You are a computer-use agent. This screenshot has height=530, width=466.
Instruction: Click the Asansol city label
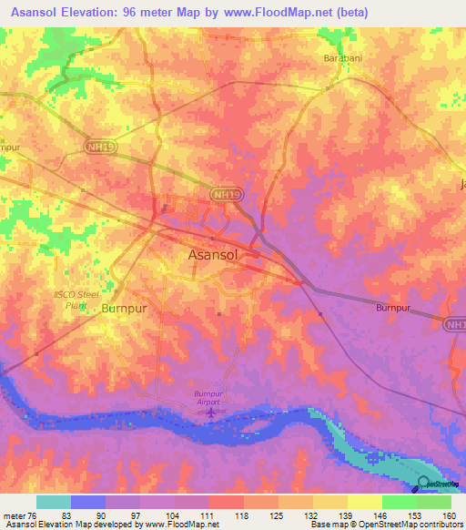point(214,256)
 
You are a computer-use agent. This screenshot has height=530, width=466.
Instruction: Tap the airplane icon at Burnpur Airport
point(211,414)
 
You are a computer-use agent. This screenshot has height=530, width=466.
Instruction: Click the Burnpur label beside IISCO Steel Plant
point(124,309)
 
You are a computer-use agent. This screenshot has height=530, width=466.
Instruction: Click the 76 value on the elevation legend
point(33,515)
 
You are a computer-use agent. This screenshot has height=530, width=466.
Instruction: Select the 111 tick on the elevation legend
point(208,515)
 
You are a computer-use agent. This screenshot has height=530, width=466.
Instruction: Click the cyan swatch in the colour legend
point(54,502)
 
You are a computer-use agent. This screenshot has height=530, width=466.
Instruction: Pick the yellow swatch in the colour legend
point(364,502)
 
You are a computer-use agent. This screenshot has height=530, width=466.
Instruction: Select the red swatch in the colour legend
point(226,502)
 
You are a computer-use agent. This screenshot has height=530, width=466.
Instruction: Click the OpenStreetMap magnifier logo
point(424,483)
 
